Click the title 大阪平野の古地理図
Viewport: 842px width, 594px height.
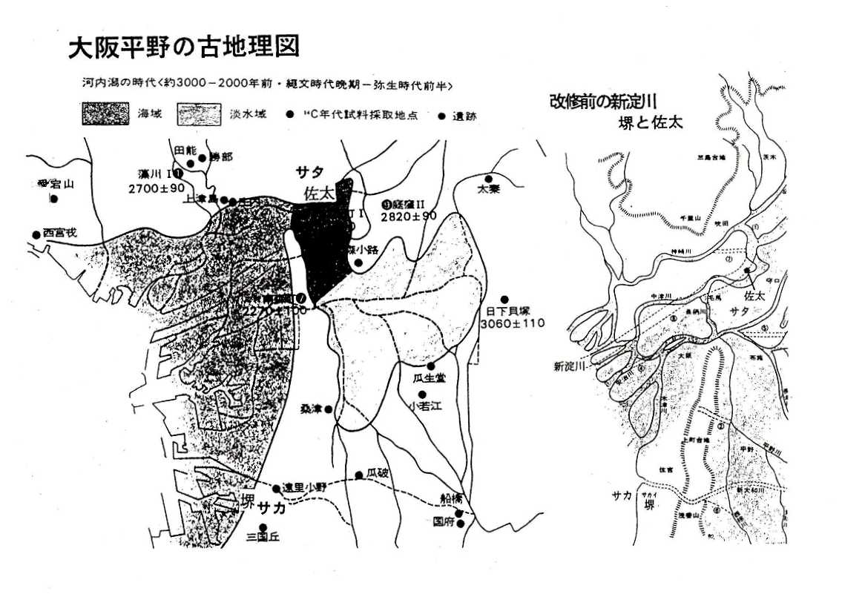coord(184,47)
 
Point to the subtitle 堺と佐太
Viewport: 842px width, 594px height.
coord(650,122)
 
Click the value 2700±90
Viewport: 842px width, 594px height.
coord(156,188)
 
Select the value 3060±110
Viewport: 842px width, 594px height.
coord(512,324)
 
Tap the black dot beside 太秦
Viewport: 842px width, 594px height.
coord(489,179)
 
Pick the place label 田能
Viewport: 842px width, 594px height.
coord(183,149)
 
